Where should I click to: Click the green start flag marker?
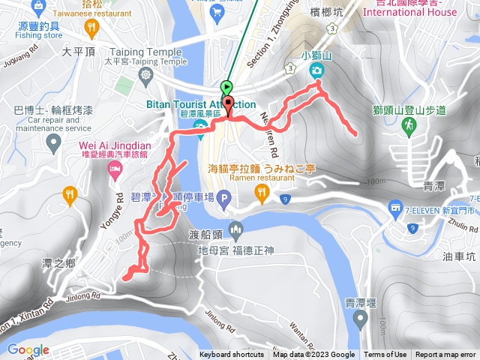click(x=227, y=87)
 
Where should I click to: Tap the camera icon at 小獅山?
click(x=316, y=70)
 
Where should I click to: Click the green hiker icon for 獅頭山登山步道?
click(x=409, y=128)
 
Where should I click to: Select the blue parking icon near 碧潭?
click(x=224, y=199)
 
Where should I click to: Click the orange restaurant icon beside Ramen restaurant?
click(x=262, y=193)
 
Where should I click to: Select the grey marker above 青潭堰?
click(x=361, y=320)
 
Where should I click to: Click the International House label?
click(x=409, y=13)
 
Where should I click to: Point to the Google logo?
click(x=28, y=349)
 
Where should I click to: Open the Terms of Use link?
click(x=385, y=355)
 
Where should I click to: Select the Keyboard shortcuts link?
click(x=232, y=355)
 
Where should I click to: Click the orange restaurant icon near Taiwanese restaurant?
click(x=92, y=28)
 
